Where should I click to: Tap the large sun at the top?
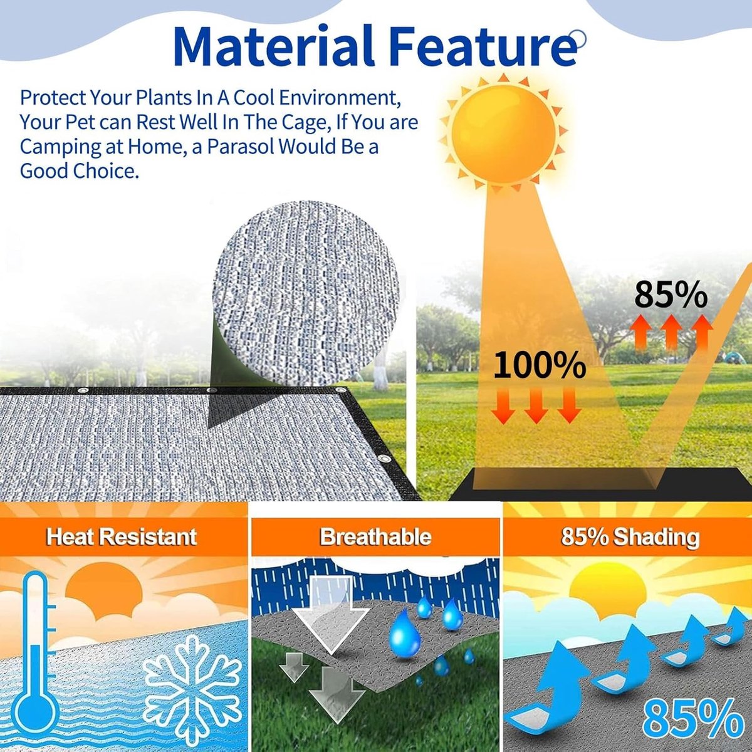(x=503, y=133)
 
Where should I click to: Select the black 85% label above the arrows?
(x=671, y=295)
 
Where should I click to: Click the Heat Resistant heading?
(x=121, y=536)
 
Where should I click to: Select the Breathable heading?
(x=375, y=536)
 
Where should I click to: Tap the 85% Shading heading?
(x=630, y=536)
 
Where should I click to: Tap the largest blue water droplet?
(x=405, y=638)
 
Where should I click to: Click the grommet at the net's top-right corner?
(x=341, y=392)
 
